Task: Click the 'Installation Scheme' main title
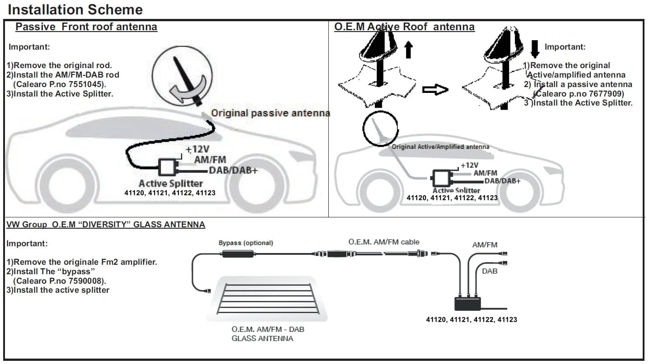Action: pos(75,9)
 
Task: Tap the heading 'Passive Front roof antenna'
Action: pos(86,27)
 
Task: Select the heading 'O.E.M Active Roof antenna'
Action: pos(404,27)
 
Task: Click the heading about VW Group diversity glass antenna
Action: pos(106,224)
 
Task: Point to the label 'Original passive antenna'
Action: pos(271,113)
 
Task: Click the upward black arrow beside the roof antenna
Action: pos(409,49)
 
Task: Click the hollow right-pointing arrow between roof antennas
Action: pos(435,90)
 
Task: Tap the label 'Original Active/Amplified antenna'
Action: pos(440,147)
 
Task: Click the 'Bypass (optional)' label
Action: pos(246,243)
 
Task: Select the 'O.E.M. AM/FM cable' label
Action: pos(384,242)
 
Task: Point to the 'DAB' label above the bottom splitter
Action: pos(490,271)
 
